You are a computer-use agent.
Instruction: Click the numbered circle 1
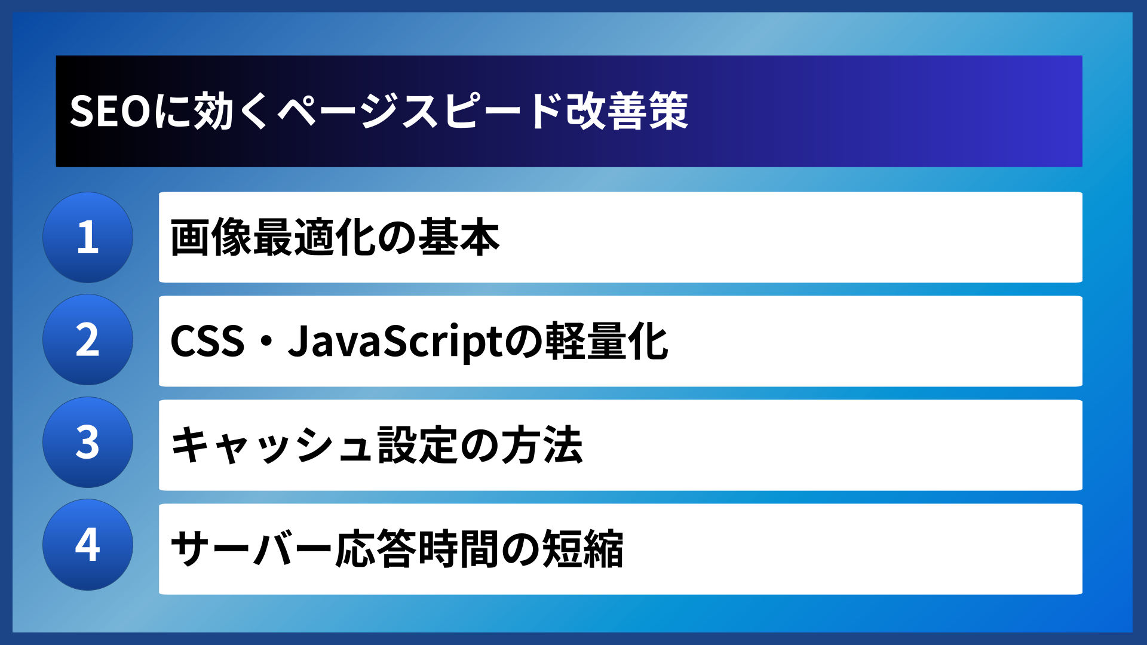tap(88, 237)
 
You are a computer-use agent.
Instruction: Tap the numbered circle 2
tap(88, 340)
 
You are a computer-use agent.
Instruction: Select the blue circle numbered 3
tap(88, 443)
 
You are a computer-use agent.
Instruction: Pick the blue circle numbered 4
tap(88, 545)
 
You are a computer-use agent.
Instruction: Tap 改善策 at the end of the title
tap(627, 111)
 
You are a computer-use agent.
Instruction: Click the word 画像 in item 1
tap(210, 238)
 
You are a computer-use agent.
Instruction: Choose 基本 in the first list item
tap(459, 238)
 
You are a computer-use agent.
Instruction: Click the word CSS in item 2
tap(207, 342)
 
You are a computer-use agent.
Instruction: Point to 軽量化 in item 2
tap(607, 342)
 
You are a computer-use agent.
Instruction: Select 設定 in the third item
tap(418, 446)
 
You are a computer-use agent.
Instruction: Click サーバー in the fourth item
tap(251, 549)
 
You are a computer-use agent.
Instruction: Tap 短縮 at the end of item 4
tap(582, 549)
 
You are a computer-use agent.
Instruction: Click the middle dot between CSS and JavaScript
tap(266, 342)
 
